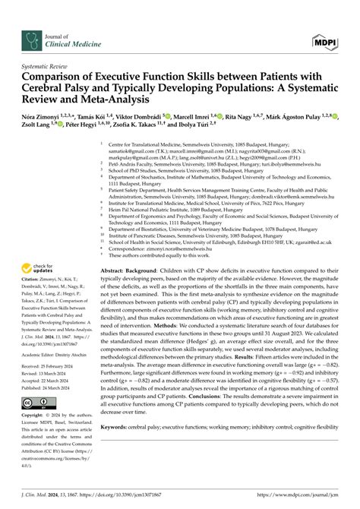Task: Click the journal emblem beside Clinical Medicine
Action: click(x=30, y=21)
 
